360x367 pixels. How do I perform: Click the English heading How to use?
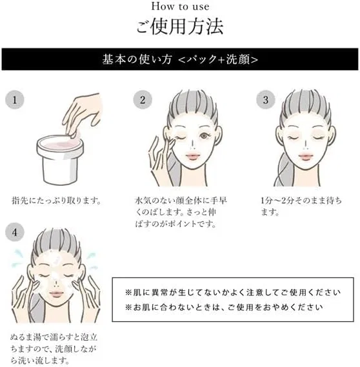180,6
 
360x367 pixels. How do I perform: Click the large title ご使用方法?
180,26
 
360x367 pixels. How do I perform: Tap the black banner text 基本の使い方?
137,59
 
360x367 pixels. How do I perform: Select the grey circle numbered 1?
15,100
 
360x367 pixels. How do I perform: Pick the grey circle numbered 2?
143,100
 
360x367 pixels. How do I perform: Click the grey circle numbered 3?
266,100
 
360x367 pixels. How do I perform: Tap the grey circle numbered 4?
15,232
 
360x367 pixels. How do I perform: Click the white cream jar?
59,160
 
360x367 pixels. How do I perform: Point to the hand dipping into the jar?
83,115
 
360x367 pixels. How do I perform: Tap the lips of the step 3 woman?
305,156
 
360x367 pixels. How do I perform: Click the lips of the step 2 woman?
193,156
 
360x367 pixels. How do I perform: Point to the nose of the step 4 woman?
56,284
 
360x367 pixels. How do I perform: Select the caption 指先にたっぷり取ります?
56,201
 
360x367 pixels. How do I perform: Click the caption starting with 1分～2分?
301,206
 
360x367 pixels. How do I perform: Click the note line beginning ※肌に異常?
232,292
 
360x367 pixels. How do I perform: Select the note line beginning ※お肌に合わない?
224,307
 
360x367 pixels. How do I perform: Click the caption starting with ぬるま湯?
54,349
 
